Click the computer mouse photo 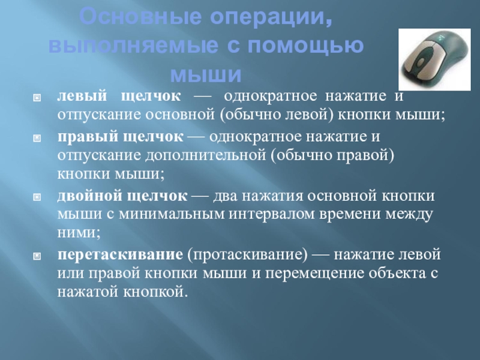pyautogui.click(x=434, y=59)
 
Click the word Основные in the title pyautogui.click(x=142, y=17)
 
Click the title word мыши pyautogui.click(x=206, y=74)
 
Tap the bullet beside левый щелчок pyautogui.click(x=37, y=98)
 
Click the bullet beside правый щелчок pyautogui.click(x=37, y=138)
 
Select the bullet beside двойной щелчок pyautogui.click(x=37, y=197)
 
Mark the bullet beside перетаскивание pyautogui.click(x=37, y=256)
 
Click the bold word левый pyautogui.click(x=82, y=96)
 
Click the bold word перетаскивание pyautogui.click(x=120, y=254)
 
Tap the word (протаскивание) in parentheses pyautogui.click(x=247, y=255)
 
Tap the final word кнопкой pyautogui.click(x=155, y=292)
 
